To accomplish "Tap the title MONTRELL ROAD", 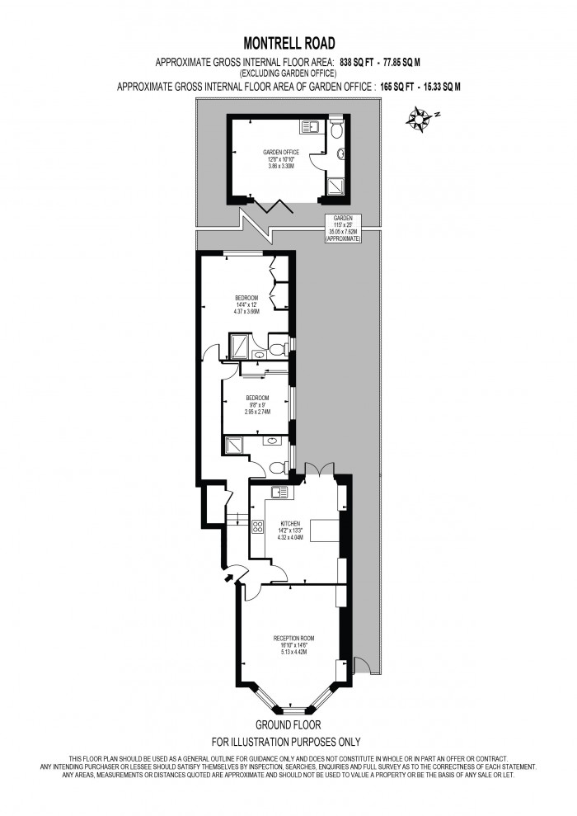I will (288, 43).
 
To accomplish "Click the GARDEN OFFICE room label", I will (280, 153).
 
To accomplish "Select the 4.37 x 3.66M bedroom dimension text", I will (246, 311).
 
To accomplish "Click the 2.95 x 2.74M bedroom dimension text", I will (258, 410).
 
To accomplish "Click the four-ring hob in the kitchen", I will (257, 526).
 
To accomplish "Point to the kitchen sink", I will (279, 493).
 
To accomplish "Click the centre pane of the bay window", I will (293, 710).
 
